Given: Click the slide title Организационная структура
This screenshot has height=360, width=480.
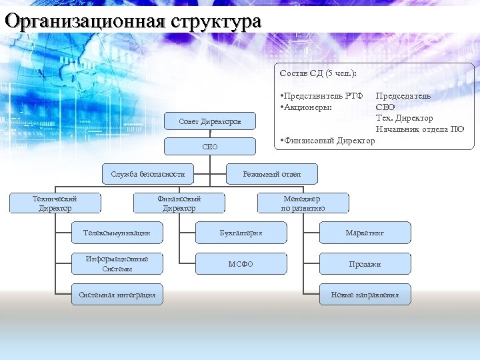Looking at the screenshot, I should [132, 21].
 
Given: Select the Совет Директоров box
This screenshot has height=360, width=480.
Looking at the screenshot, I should [210, 121].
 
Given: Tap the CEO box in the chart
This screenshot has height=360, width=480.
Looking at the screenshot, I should [210, 146].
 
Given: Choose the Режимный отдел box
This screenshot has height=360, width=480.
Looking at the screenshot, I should [272, 174].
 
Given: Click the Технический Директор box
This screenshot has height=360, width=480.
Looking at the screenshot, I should [55, 203].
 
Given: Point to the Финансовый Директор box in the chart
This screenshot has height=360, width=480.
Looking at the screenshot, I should [179, 203].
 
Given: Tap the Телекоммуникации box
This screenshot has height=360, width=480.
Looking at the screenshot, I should [117, 233].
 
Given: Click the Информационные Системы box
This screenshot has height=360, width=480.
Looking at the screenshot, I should [117, 263].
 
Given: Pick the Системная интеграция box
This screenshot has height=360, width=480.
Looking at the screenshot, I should [117, 295].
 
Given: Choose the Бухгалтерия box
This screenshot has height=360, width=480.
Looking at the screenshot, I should [241, 233].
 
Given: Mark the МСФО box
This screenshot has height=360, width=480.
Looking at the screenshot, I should [241, 264].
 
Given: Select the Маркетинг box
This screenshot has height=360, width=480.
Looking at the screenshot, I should [365, 233].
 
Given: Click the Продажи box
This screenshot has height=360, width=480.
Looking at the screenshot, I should [365, 264].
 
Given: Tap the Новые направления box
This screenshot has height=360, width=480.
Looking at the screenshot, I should [365, 295].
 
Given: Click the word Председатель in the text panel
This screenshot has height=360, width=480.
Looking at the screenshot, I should [403, 95].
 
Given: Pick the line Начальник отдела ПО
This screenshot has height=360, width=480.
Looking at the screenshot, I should [419, 129].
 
